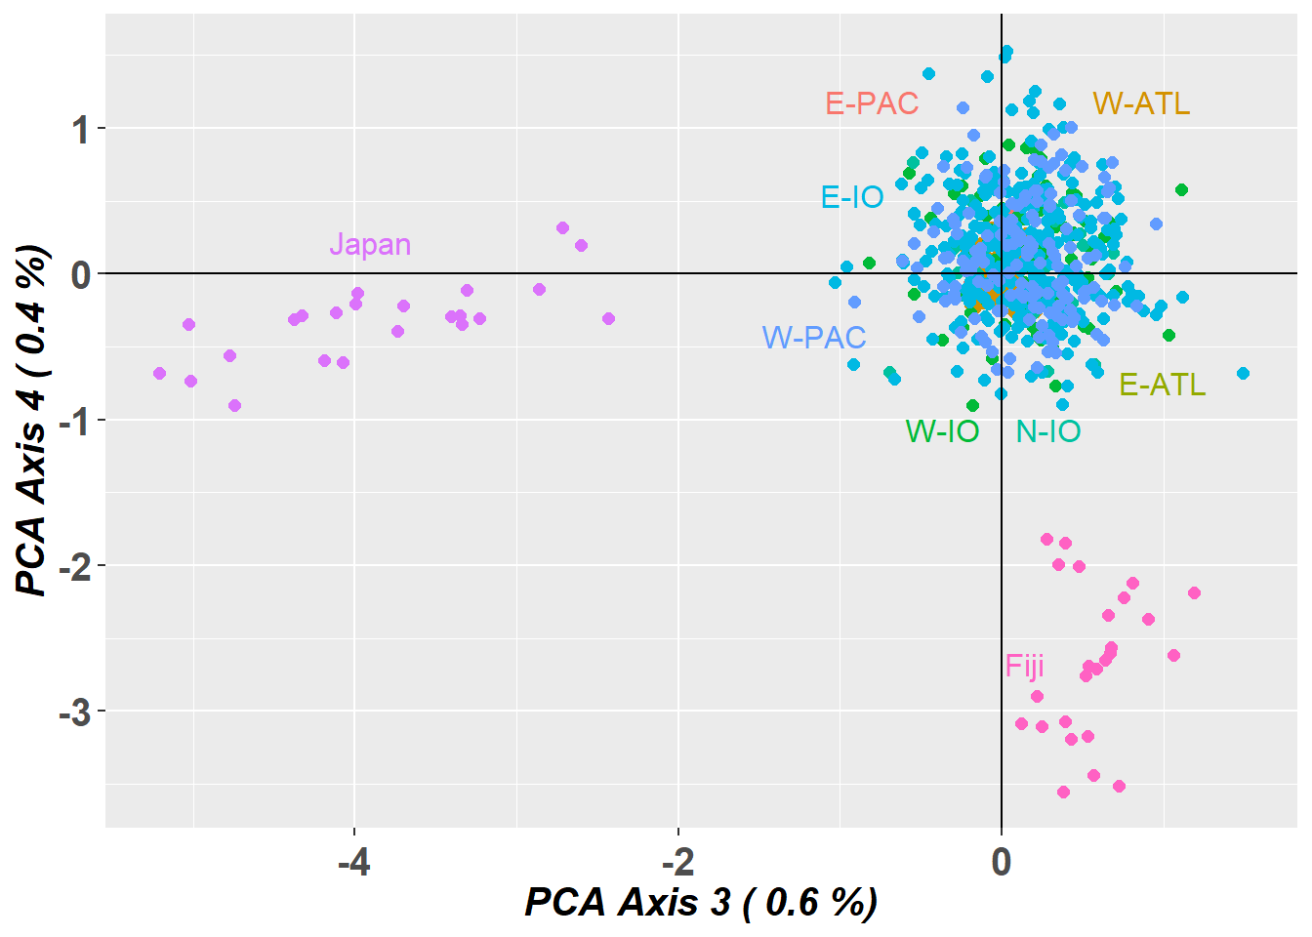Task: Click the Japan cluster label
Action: [369, 244]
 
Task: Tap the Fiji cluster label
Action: [1024, 666]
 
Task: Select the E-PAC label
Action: [872, 103]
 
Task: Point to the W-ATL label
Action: [1141, 103]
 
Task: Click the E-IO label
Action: [852, 197]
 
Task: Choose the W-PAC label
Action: [814, 338]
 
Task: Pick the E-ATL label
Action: [1162, 385]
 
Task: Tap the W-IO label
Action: [942, 431]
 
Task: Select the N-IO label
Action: [1048, 431]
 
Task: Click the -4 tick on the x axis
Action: [353, 863]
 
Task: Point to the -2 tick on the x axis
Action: [677, 863]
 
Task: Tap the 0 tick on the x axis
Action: [1001, 863]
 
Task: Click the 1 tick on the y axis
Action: [80, 130]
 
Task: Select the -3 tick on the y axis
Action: [74, 713]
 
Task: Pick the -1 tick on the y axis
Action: [74, 422]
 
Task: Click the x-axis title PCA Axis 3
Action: [701, 903]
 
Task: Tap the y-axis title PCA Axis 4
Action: [33, 420]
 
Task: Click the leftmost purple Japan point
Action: [159, 373]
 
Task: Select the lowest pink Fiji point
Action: [1063, 792]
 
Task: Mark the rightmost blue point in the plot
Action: [1243, 373]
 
